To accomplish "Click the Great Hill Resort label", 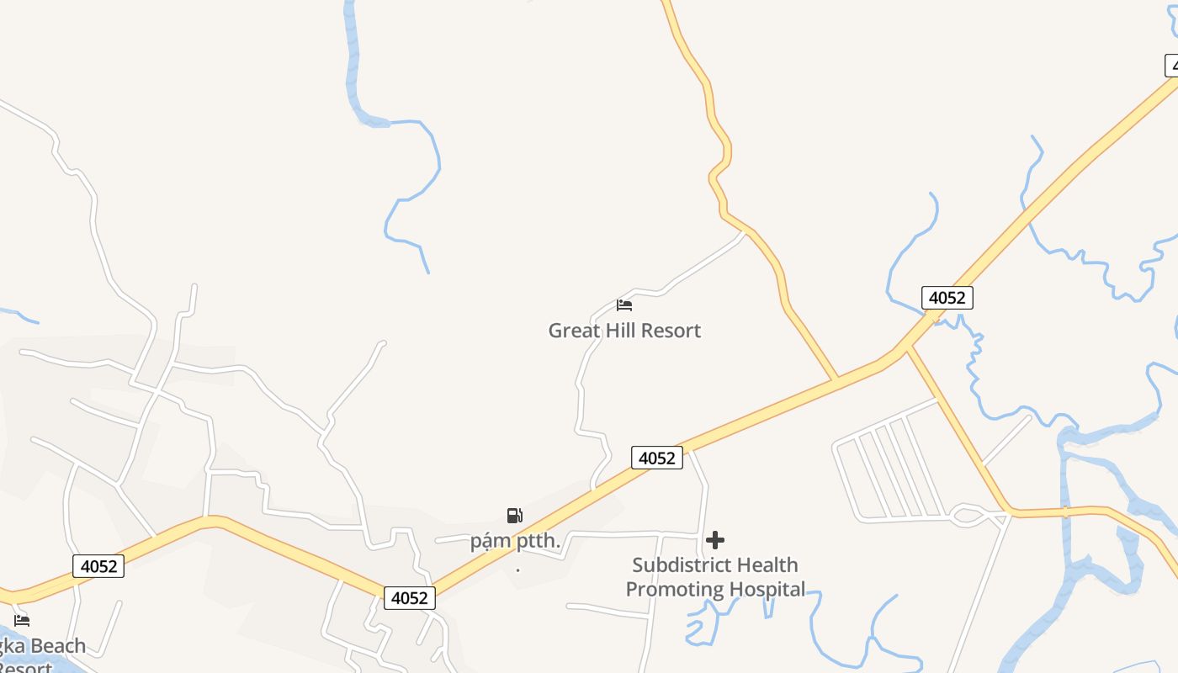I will click(624, 331).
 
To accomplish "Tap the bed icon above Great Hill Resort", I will click(624, 305).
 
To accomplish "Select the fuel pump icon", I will click(515, 516).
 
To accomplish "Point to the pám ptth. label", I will click(515, 541).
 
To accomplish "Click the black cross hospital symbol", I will click(715, 539).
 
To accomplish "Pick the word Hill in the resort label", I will click(623, 331).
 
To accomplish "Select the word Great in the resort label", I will click(575, 331).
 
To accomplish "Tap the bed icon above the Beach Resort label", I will click(22, 621).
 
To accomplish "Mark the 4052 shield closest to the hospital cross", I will click(657, 458).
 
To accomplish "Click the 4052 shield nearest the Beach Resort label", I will click(98, 566).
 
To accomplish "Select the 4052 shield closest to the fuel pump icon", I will click(410, 598).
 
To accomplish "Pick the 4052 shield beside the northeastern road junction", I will click(947, 297).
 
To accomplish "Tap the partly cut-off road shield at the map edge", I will click(1171, 66).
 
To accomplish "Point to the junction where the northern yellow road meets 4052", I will click(836, 380).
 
